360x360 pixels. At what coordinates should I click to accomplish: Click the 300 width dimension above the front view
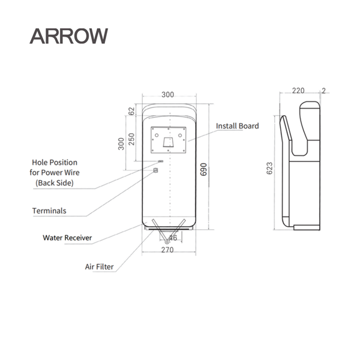167,95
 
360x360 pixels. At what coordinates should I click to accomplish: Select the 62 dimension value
131,112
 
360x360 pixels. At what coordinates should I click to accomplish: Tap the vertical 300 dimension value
121,144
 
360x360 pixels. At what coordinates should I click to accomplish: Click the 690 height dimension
203,169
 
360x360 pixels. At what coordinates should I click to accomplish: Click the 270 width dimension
167,250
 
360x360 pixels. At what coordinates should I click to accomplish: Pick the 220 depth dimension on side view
298,91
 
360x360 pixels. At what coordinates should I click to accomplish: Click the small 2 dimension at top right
324,91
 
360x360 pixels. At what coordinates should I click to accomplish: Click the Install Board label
238,126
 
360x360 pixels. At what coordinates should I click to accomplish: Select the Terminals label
49,211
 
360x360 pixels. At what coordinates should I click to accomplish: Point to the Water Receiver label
67,238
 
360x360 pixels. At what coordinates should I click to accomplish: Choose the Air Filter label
99,265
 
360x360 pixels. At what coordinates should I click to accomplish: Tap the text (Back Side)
55,183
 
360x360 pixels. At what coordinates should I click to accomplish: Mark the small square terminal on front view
156,170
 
